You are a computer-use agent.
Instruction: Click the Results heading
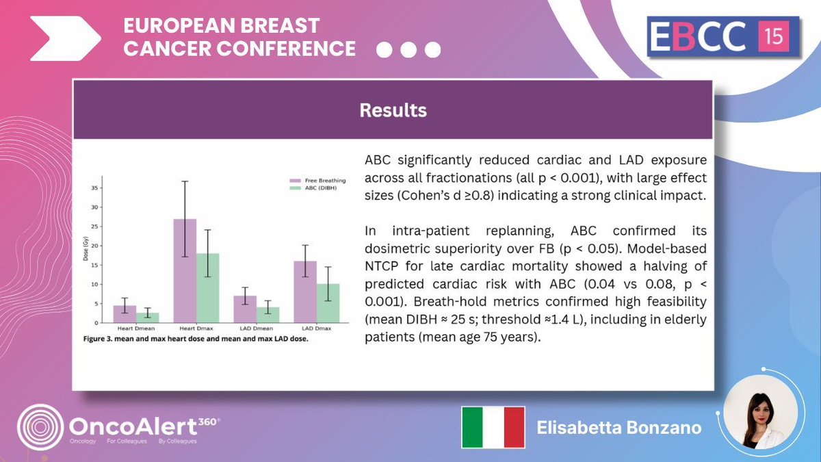[x=393, y=110]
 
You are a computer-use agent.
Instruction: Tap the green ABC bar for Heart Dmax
[x=207, y=287]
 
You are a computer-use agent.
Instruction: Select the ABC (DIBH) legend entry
[x=319, y=188]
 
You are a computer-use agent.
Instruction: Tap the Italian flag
[x=493, y=427]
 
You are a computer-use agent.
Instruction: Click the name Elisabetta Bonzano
[x=618, y=428]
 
